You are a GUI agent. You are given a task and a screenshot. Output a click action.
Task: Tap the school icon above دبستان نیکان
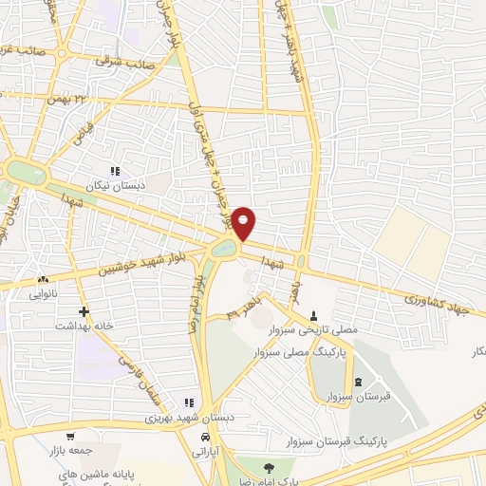[x=115, y=171]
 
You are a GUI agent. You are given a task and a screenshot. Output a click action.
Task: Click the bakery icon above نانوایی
[x=43, y=280]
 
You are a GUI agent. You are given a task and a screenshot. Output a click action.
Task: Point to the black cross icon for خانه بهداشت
[x=84, y=310]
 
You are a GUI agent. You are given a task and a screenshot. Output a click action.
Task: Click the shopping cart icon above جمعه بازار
[x=45, y=438]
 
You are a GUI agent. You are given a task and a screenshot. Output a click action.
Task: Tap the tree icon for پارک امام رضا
[x=269, y=466]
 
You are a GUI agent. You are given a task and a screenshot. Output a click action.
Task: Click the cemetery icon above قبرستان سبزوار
[x=358, y=383]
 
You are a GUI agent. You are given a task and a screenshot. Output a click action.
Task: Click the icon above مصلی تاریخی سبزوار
[x=314, y=315]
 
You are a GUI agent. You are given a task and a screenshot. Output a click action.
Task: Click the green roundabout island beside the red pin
[x=224, y=249]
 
